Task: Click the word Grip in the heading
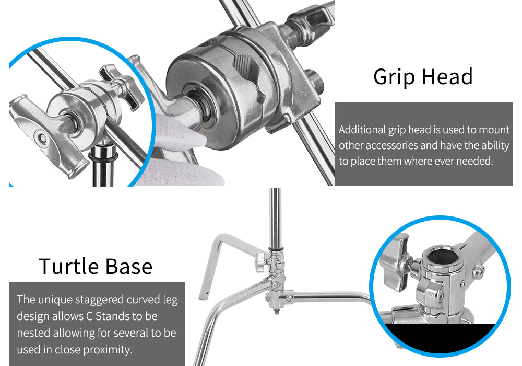click(x=394, y=77)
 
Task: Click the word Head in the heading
click(x=447, y=77)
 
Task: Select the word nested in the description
click(x=33, y=333)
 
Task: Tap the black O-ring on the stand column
click(x=102, y=156)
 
